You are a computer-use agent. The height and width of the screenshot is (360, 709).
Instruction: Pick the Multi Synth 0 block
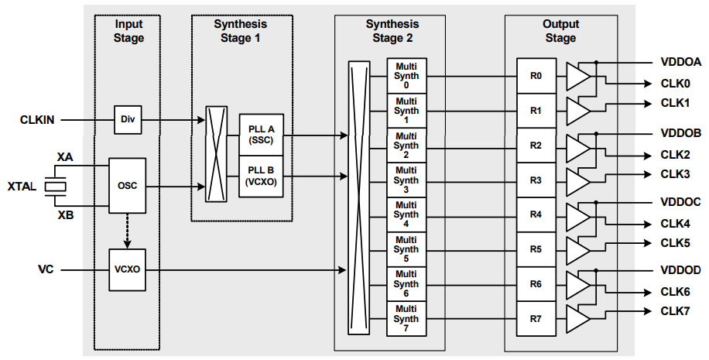coord(406,76)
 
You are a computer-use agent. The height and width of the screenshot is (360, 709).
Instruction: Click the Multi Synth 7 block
coord(406,319)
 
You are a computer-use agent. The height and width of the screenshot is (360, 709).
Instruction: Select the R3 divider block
coord(536,180)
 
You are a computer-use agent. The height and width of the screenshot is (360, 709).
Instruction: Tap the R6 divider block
coord(536,284)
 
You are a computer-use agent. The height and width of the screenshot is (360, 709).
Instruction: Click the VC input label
coord(46,270)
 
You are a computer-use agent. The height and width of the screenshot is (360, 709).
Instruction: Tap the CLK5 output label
coord(675,242)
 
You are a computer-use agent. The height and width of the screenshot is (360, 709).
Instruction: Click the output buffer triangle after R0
coord(577,77)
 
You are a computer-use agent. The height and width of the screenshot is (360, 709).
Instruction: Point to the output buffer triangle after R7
coord(577,318)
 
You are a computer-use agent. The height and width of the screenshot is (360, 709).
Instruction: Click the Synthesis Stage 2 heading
coord(392,31)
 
